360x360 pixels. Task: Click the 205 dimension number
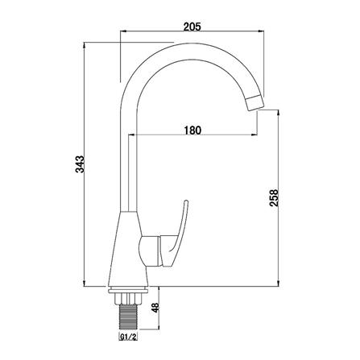click(192, 27)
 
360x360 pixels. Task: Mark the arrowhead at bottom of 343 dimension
click(87, 283)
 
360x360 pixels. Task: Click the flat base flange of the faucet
click(130, 285)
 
